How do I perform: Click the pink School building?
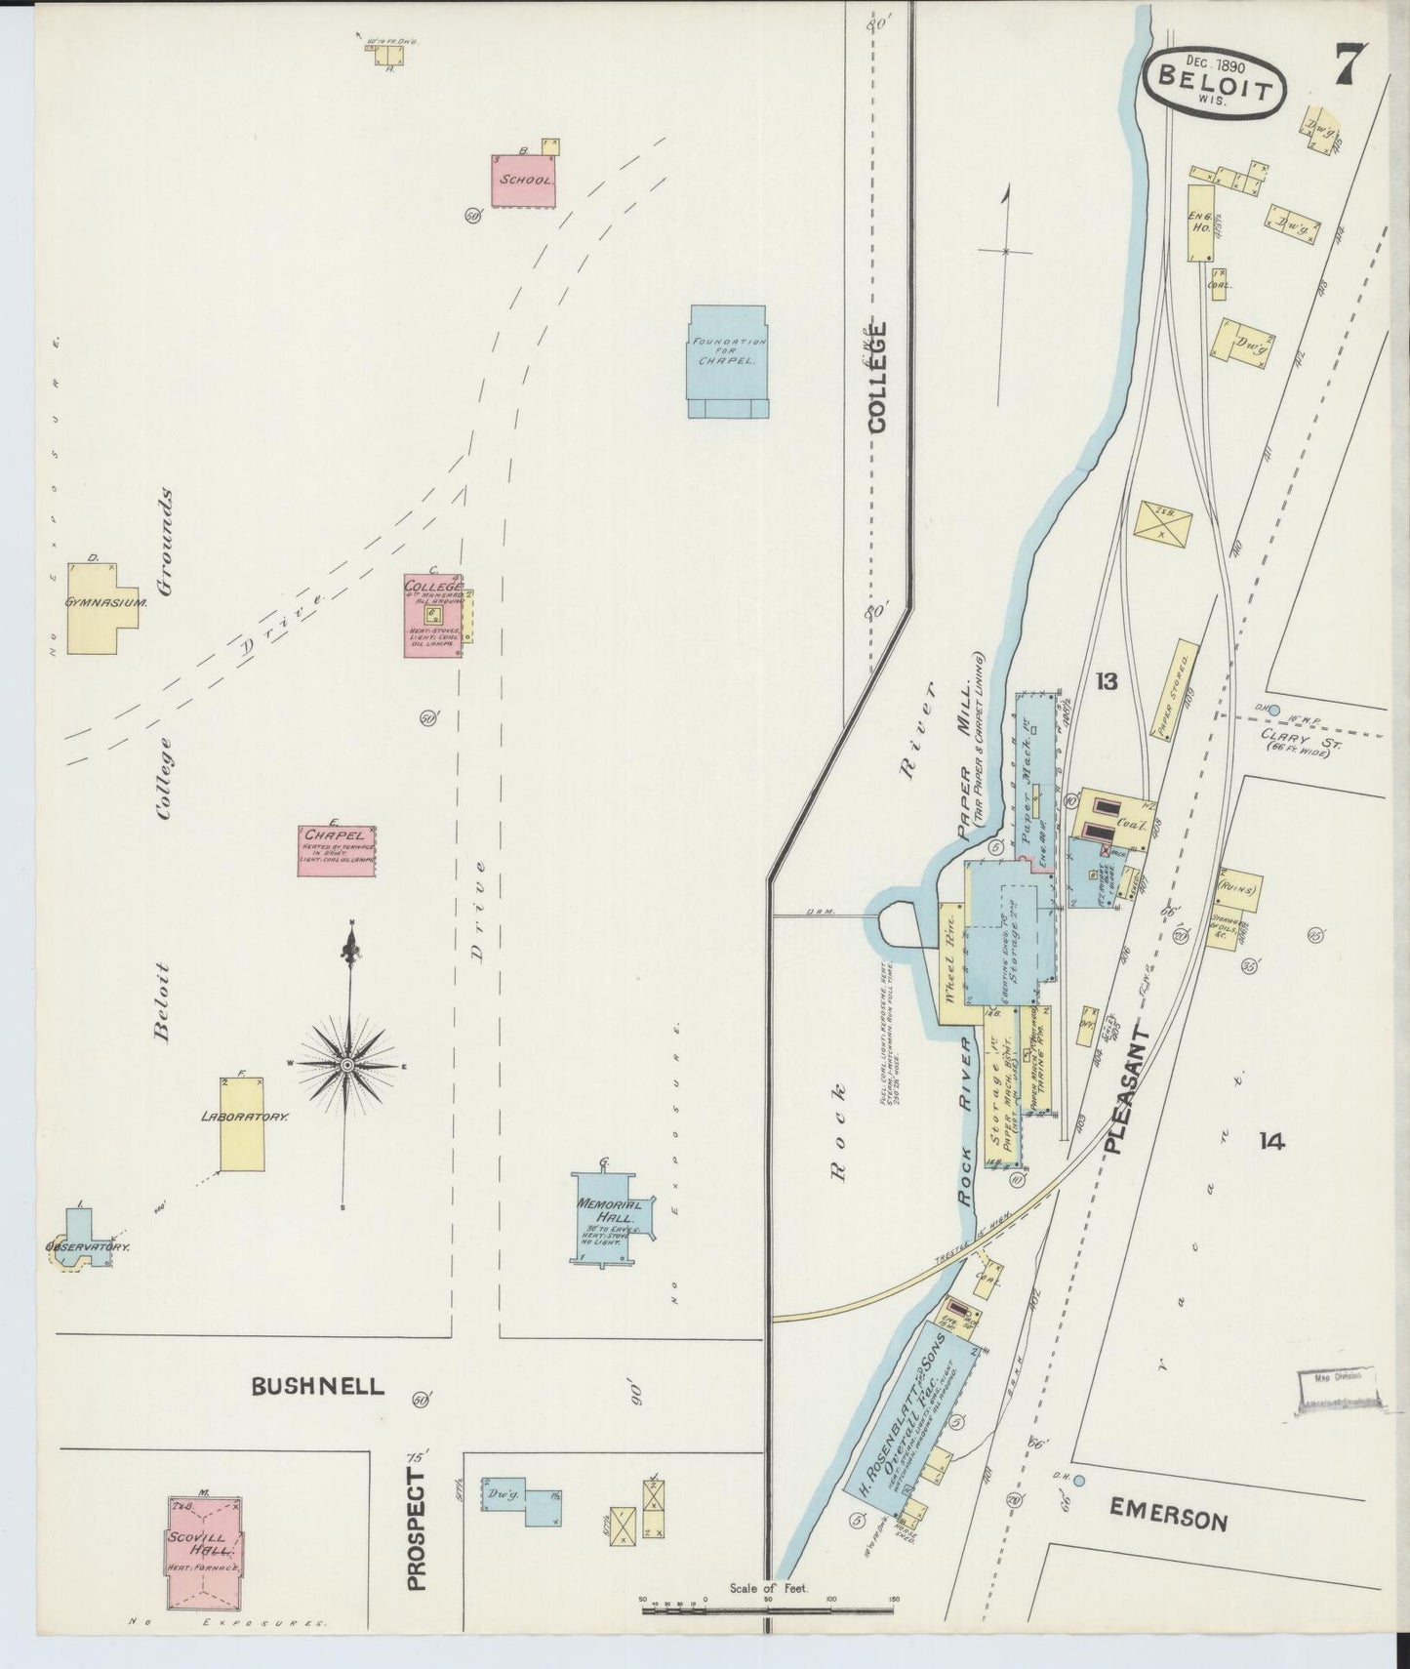(524, 181)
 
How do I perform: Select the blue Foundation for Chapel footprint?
(727, 361)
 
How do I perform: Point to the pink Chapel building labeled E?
(337, 850)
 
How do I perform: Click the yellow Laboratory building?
(241, 1122)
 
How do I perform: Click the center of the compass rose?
(346, 1064)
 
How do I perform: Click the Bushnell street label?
(318, 1386)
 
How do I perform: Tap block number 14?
(1270, 1140)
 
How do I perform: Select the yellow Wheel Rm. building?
(950, 961)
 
